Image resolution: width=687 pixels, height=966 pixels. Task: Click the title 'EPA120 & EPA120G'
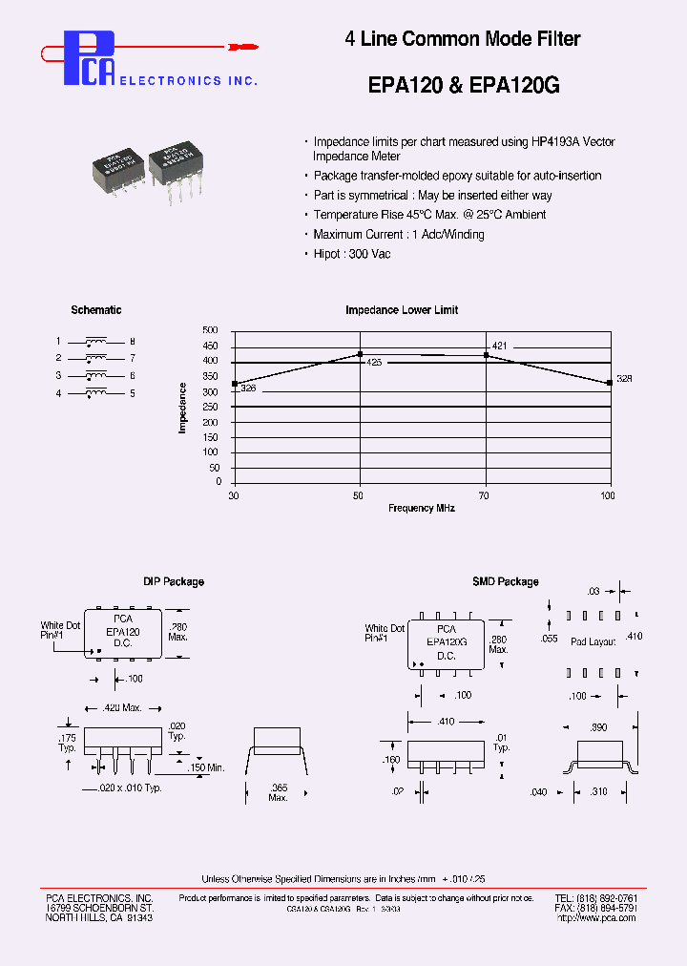463,85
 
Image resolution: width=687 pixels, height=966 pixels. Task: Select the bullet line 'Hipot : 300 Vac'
351,254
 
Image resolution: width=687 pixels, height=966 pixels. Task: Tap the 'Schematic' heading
96,310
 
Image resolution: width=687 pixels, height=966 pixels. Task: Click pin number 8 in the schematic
133,342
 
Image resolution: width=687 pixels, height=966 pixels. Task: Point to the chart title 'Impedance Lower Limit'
402,310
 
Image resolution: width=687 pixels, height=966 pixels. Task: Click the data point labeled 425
360,354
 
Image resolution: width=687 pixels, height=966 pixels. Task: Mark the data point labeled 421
487,355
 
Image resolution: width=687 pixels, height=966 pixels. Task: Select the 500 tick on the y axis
211,330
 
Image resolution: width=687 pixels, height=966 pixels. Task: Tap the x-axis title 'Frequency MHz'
421,509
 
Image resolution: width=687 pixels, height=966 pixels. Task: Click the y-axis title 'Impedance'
182,408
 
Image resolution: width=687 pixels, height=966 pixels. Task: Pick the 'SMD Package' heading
505,581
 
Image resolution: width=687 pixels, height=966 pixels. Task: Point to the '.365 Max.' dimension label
278,791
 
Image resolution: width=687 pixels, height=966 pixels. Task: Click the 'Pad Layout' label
593,642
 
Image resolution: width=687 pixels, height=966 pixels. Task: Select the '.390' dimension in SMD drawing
599,727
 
